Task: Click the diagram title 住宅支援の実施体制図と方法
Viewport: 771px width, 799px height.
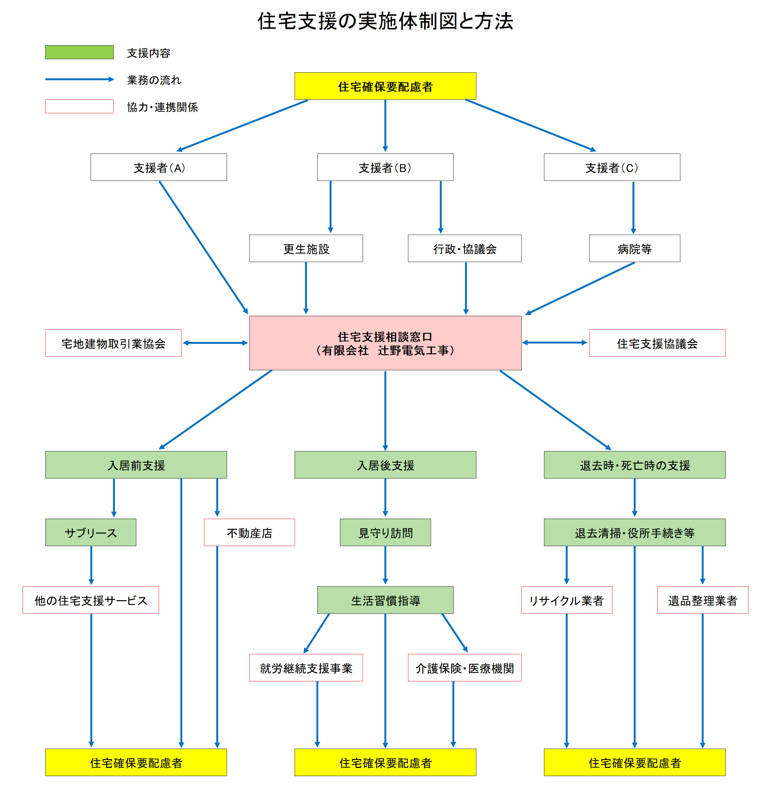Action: point(385,21)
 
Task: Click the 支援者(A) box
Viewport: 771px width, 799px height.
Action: point(159,167)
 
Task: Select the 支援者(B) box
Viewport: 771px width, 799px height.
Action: point(385,167)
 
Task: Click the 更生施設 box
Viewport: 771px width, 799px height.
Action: point(306,248)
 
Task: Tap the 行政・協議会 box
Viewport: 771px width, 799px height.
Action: point(465,248)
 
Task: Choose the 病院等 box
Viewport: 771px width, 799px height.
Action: point(634,248)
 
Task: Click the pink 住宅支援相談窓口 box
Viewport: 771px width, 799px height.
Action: point(385,343)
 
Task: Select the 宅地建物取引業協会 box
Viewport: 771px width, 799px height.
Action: point(113,343)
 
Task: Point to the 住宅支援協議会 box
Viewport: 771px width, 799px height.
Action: point(657,343)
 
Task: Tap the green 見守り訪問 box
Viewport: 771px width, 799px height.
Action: point(385,532)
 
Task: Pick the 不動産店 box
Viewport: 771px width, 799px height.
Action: point(249,532)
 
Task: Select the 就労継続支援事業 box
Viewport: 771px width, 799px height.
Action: point(306,668)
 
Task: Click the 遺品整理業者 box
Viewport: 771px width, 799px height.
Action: point(702,600)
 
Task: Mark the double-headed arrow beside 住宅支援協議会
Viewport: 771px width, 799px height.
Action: point(555,343)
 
